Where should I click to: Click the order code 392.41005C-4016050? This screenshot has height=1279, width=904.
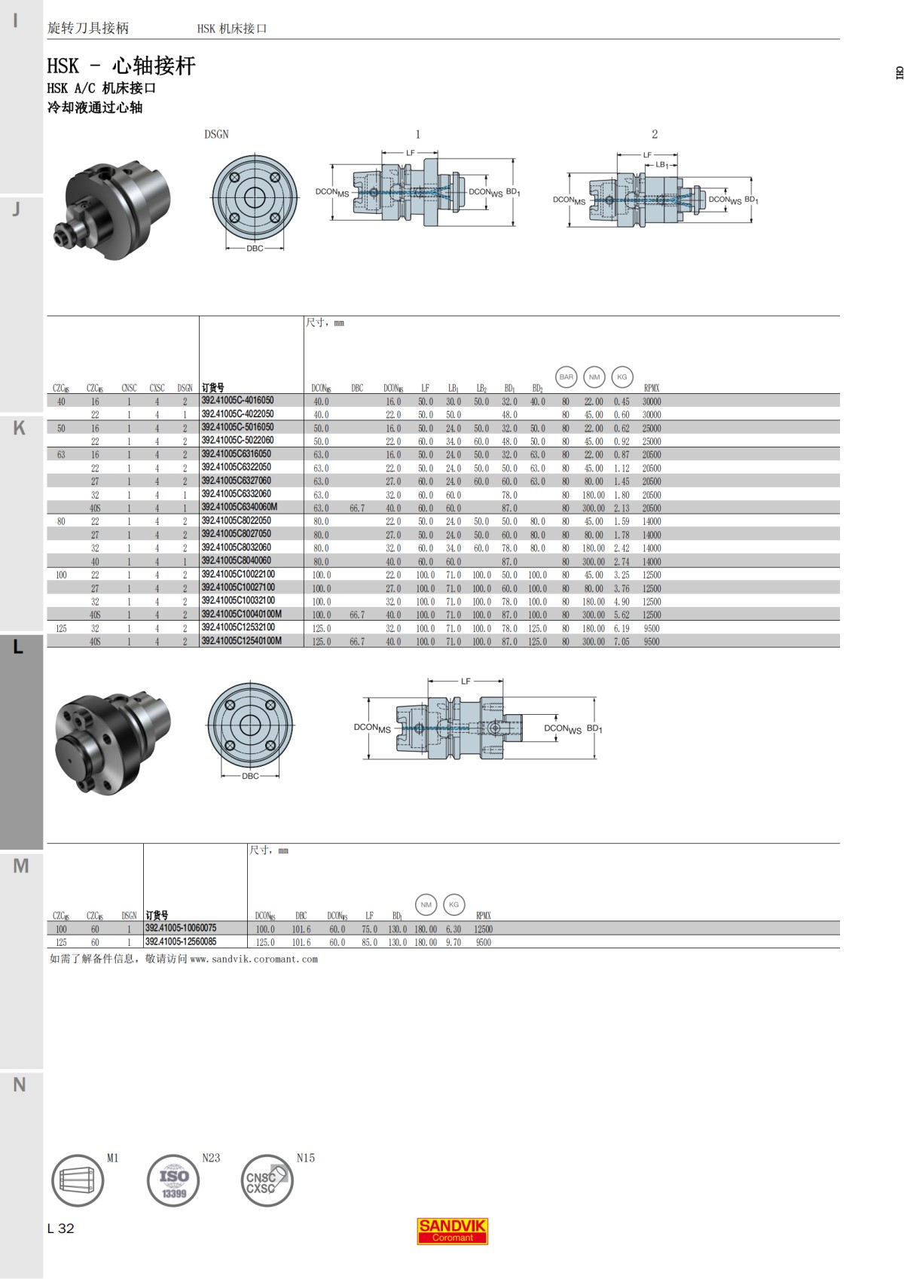point(237,401)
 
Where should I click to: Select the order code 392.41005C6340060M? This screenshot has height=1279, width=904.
point(239,507)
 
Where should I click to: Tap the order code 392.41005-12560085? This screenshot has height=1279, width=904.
point(181,942)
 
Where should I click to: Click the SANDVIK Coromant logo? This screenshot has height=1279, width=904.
point(452,1230)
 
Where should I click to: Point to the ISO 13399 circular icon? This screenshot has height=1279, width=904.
point(173,1180)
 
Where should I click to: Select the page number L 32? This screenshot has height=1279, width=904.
point(61,1229)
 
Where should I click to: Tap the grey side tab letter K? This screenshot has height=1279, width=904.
point(20,428)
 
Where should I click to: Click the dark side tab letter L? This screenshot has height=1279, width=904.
point(19,647)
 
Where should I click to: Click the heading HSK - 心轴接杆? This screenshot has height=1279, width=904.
point(121,66)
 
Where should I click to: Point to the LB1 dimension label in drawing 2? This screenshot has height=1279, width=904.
point(661,165)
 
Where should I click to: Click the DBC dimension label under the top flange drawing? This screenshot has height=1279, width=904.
point(255,249)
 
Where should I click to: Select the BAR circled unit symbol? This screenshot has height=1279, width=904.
point(566,377)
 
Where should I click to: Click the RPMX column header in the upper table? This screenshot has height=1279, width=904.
point(651,389)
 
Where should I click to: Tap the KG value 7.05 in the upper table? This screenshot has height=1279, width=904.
point(621,642)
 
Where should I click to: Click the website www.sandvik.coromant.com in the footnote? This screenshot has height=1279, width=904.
point(254,959)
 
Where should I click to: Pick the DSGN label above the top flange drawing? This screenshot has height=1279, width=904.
point(216,134)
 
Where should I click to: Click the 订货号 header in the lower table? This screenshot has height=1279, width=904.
point(157,916)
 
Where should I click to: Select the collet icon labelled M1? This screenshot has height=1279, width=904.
point(77,1180)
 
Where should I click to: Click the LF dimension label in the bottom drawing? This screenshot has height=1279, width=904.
point(466,681)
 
